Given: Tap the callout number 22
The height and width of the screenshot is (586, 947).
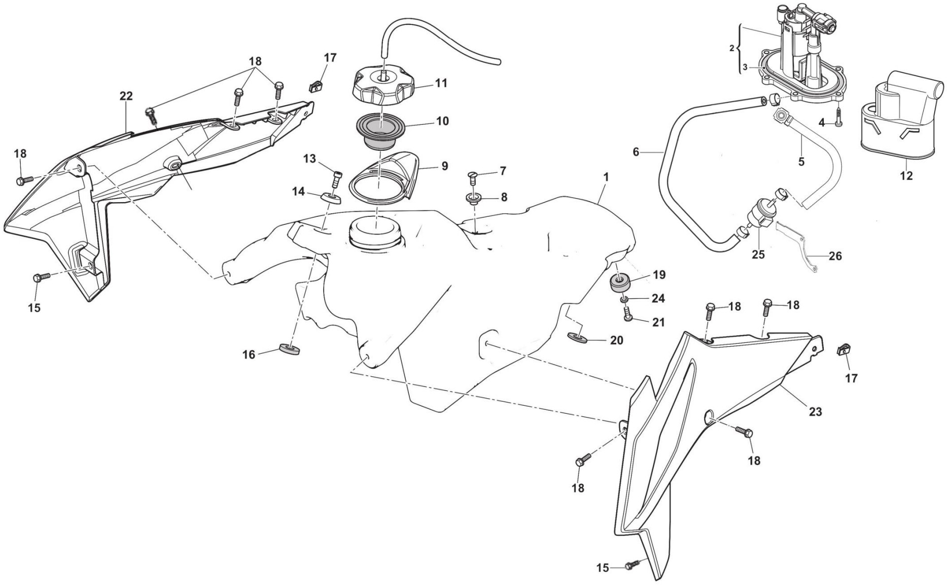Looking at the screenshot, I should click(126, 96).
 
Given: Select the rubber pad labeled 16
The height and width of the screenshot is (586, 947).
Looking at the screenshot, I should click(290, 349).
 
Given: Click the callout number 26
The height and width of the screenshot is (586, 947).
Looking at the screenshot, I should click(835, 256).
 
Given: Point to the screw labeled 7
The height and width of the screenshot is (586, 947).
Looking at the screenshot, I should click(472, 177).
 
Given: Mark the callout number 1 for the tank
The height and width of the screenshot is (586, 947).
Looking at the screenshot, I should click(606, 177).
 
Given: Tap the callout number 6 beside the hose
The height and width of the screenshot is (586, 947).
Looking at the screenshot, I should click(636, 151).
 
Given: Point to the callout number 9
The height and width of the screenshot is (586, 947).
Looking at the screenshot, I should click(444, 166).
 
